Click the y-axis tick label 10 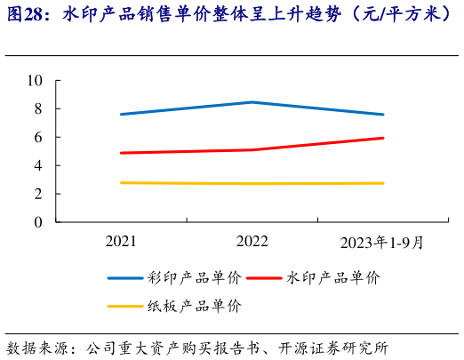[36, 81]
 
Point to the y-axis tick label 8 [39, 109]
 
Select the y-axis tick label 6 [39, 138]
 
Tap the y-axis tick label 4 [39, 165]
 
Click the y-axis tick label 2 [39, 194]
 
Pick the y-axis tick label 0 [39, 222]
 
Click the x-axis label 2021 [121, 242]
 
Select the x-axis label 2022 [252, 242]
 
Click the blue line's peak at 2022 [252, 102]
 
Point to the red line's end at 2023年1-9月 [383, 138]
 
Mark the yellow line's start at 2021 [121, 183]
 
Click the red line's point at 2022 [252, 150]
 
